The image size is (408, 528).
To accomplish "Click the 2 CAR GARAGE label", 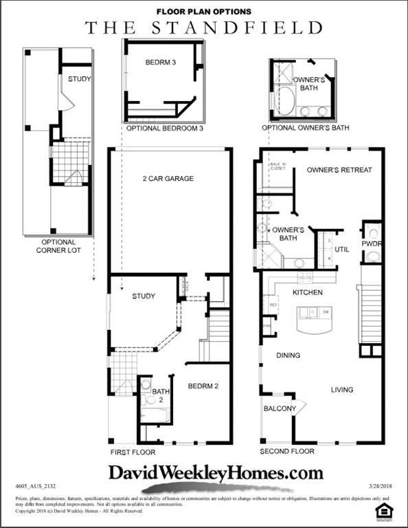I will [x=168, y=179].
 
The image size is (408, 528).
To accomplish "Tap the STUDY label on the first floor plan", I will [x=143, y=296].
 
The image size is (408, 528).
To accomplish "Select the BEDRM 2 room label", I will [x=203, y=386].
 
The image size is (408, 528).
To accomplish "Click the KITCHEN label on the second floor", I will [x=307, y=293].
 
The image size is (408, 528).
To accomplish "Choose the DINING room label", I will [x=288, y=355].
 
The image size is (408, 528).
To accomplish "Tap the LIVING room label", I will [x=341, y=390].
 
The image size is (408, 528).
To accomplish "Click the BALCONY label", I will [x=280, y=409].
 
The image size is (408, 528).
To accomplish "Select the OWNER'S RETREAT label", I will [x=339, y=170].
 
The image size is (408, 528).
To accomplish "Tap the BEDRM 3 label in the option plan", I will [x=161, y=63].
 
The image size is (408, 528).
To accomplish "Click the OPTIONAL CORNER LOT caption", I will [x=58, y=246].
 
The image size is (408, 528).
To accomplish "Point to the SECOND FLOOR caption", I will [x=287, y=452].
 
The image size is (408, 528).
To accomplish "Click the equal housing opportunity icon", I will [x=383, y=509].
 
